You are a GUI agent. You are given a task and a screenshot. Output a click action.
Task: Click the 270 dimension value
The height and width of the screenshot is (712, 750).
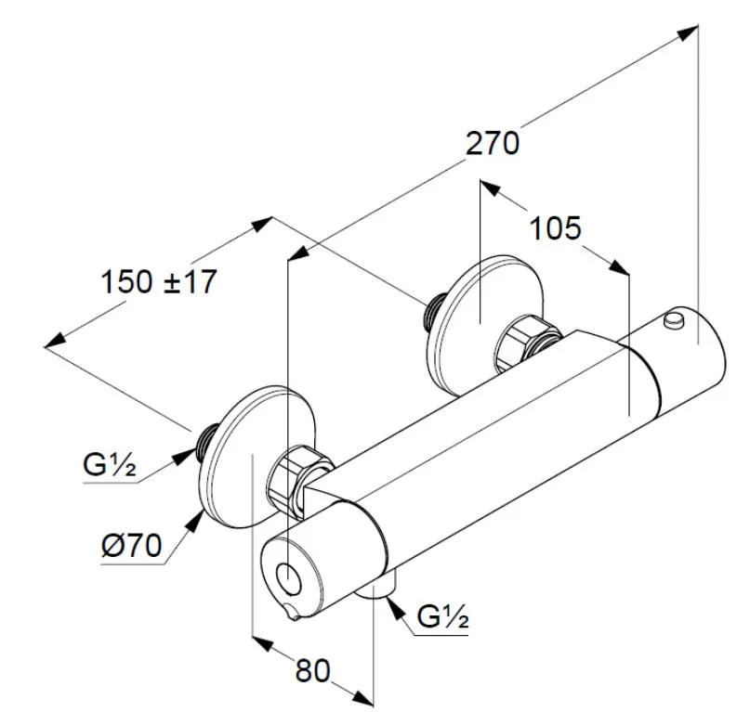(x=492, y=145)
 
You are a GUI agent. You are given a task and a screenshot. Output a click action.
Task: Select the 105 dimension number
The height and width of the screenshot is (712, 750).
(x=554, y=228)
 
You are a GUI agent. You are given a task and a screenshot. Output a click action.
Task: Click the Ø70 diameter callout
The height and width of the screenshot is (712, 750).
(x=131, y=546)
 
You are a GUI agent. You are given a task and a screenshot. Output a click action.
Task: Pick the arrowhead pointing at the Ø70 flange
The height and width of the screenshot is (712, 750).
(x=192, y=521)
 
